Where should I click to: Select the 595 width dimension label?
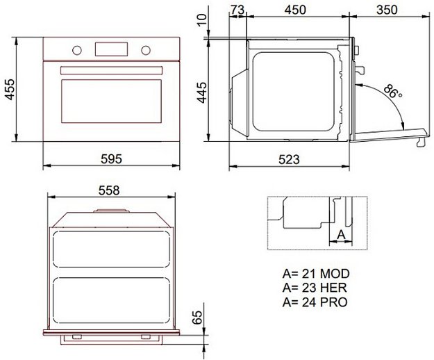110,159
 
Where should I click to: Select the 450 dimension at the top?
295,10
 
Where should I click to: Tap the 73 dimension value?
237,10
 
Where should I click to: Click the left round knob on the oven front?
77,50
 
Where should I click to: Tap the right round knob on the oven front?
145,50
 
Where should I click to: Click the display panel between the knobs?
111,49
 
